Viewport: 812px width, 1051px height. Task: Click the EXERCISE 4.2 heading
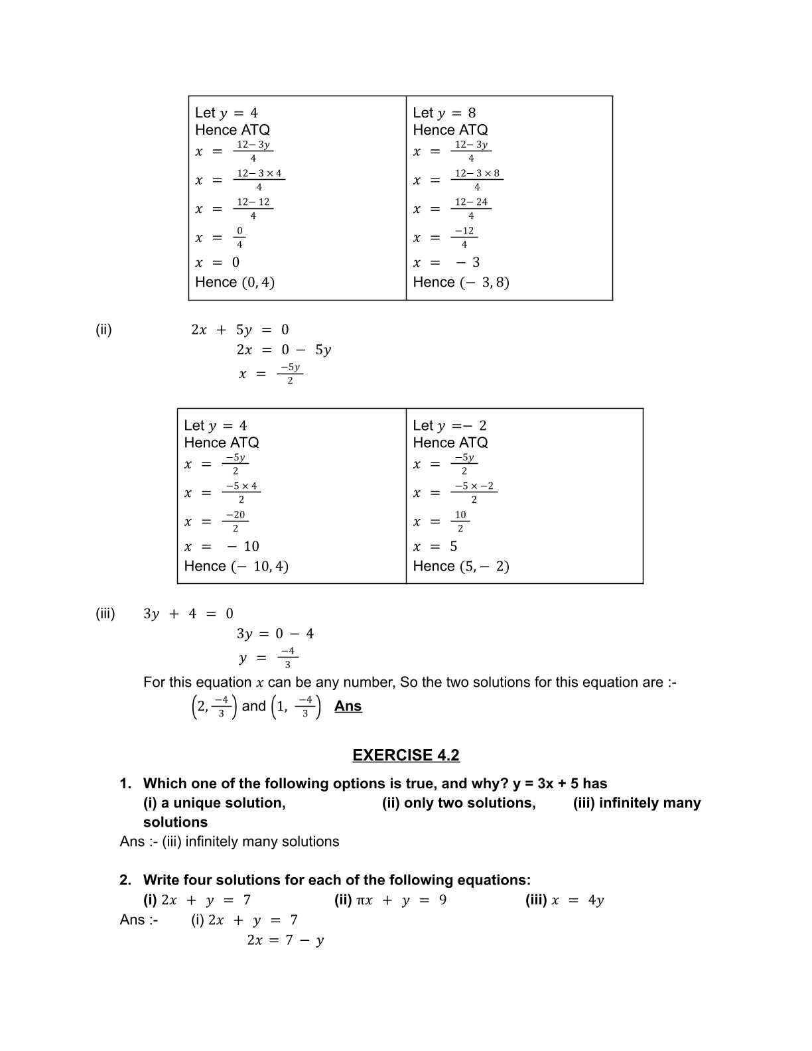(405, 755)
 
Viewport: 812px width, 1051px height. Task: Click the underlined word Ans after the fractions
(348, 706)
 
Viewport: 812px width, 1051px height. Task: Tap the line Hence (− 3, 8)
(460, 282)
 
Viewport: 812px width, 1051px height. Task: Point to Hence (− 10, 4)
(236, 566)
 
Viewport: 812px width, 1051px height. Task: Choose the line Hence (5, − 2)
(460, 566)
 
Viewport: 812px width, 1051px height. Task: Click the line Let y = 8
(444, 113)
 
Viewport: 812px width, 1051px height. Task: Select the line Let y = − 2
(449, 425)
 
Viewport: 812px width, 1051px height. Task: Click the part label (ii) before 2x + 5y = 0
(103, 330)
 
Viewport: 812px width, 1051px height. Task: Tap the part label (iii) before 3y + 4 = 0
(105, 614)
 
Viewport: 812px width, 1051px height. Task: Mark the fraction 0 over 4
(239, 238)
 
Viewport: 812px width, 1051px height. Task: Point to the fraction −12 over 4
(464, 238)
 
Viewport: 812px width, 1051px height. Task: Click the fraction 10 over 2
(460, 522)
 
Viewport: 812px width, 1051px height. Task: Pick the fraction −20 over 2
(235, 522)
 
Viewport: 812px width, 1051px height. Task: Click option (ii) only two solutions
(458, 803)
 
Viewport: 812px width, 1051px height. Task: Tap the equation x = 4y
(576, 900)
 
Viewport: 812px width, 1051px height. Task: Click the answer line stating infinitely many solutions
(230, 841)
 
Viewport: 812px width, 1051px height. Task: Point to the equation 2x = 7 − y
(285, 940)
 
